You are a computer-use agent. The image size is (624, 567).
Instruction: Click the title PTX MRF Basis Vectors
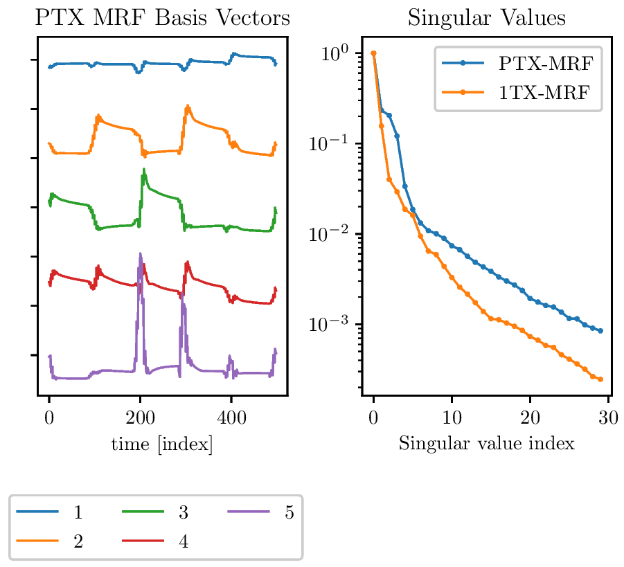(x=162, y=17)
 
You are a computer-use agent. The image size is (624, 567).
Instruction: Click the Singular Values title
(x=487, y=18)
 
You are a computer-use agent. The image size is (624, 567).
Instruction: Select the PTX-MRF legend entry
(x=518, y=63)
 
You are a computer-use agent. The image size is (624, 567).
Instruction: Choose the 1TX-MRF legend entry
(x=516, y=92)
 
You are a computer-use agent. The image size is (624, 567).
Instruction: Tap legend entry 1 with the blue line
(x=49, y=512)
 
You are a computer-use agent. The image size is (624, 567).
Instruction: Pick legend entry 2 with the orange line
(x=49, y=541)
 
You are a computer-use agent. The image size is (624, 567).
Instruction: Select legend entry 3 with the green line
(x=155, y=512)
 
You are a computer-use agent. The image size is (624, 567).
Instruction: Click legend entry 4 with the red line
(x=155, y=541)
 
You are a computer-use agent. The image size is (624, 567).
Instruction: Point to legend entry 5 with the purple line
(x=260, y=512)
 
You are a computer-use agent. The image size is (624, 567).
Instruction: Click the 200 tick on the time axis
(x=140, y=418)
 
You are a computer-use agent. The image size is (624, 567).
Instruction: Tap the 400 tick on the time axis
(x=231, y=418)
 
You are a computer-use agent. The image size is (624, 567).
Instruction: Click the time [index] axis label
(x=162, y=444)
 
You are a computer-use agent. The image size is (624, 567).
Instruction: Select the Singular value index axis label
(x=487, y=443)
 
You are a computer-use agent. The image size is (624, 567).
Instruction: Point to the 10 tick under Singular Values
(x=452, y=418)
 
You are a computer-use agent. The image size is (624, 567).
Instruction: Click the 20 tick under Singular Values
(x=530, y=418)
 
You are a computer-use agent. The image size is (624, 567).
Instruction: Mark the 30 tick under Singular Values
(x=609, y=418)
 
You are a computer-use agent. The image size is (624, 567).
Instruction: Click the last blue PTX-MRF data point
(x=601, y=331)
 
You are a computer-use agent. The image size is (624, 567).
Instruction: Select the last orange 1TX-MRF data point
(x=601, y=379)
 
